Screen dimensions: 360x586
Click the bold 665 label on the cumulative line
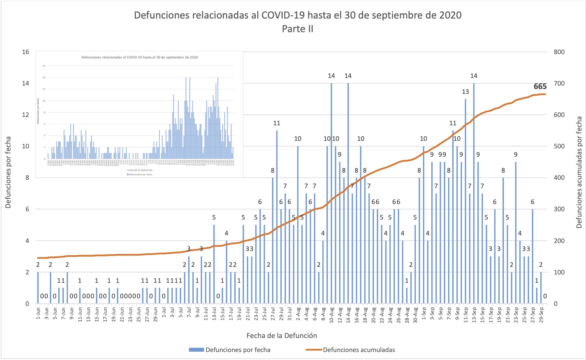pos(540,87)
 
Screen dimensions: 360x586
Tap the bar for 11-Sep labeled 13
pos(465,201)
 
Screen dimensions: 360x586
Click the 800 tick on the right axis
pos(559,52)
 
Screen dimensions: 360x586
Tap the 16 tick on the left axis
pos(25,52)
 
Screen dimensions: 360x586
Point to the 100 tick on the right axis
pos(559,272)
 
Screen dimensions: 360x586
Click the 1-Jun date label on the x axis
pos(38,315)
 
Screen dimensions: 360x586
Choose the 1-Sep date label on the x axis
pos(424,315)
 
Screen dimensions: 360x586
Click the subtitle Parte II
pos(298,29)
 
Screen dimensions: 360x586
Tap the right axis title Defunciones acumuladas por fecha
pos(579,172)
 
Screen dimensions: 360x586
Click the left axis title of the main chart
pos(8,172)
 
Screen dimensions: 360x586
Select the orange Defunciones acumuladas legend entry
pos(358,350)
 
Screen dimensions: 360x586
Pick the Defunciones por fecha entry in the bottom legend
pos(238,350)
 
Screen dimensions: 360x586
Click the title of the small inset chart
pos(140,58)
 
